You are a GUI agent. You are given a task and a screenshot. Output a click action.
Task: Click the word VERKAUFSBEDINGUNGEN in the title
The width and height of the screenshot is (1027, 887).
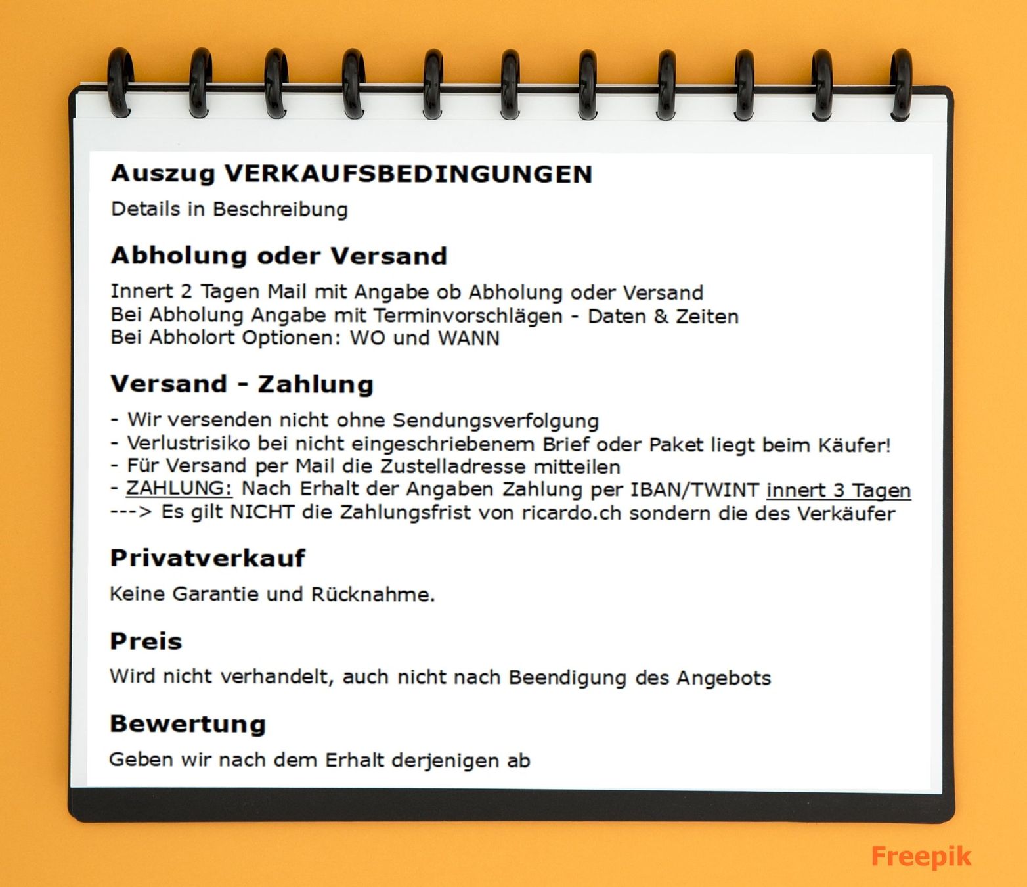coord(408,174)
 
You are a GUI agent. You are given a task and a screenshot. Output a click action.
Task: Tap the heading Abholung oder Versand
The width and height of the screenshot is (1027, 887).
coord(278,256)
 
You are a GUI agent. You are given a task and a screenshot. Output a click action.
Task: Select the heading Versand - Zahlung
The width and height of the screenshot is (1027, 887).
coord(242,384)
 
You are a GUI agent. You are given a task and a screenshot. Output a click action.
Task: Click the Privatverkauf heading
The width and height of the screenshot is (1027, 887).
coord(208,558)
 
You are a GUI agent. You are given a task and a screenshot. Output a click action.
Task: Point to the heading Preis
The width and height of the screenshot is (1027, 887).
coord(146,641)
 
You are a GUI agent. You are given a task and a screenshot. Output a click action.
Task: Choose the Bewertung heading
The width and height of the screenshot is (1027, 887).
coord(188,723)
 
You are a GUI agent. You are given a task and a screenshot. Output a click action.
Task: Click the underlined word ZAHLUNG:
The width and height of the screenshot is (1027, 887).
coord(179,489)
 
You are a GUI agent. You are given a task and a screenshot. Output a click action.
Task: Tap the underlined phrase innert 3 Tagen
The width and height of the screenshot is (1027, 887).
coord(839,490)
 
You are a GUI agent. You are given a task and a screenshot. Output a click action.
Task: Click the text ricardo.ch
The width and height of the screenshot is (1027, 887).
coord(571,512)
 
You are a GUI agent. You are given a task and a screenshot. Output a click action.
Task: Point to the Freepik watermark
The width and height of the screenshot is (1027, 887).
coord(921,856)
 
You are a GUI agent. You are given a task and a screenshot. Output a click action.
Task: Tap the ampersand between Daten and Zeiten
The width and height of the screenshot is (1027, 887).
coord(660,317)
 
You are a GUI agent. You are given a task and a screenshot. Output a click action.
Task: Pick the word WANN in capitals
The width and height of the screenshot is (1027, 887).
coord(468,338)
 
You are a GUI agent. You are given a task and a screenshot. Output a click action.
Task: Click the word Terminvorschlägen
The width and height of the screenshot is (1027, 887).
coord(468,317)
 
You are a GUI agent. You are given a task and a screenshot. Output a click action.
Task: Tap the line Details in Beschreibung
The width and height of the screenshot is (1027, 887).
coord(229,210)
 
